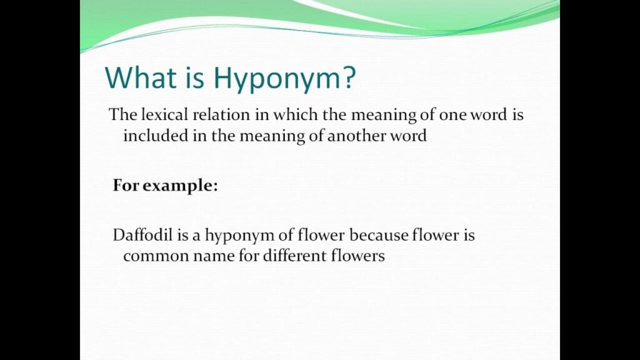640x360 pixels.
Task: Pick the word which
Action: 296,114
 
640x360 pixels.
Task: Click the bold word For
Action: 126,185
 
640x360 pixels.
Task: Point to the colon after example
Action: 216,187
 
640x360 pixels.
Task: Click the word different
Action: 295,256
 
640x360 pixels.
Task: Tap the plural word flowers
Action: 357,256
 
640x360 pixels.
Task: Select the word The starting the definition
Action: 123,114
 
